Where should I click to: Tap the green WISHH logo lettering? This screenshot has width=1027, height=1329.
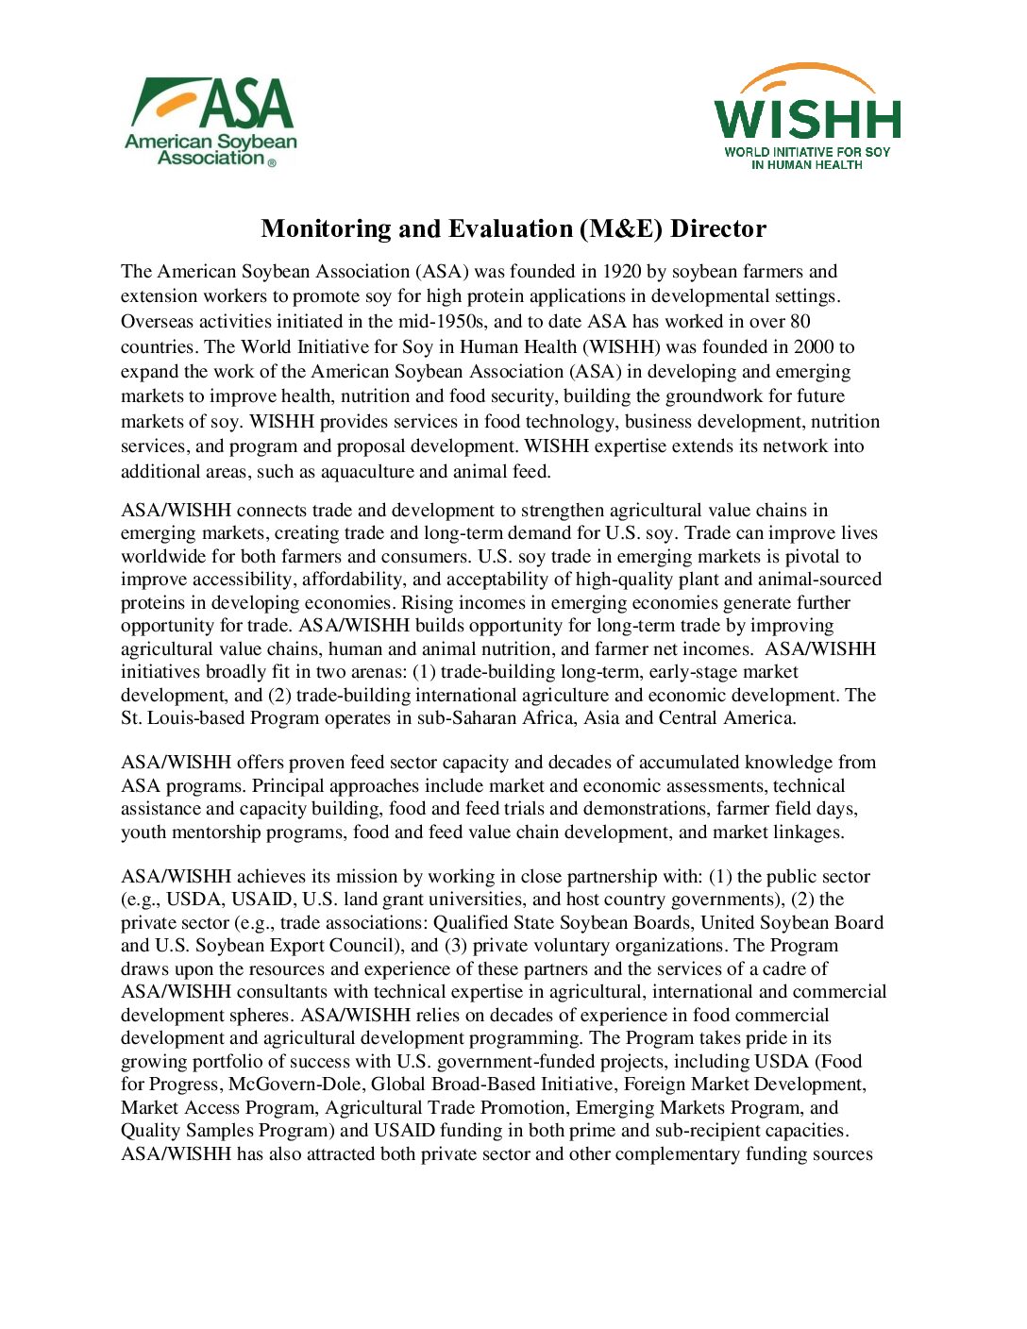[x=807, y=119]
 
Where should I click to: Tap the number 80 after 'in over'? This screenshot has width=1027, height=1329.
[x=800, y=321]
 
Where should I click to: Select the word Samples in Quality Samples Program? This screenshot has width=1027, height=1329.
[x=218, y=1131]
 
